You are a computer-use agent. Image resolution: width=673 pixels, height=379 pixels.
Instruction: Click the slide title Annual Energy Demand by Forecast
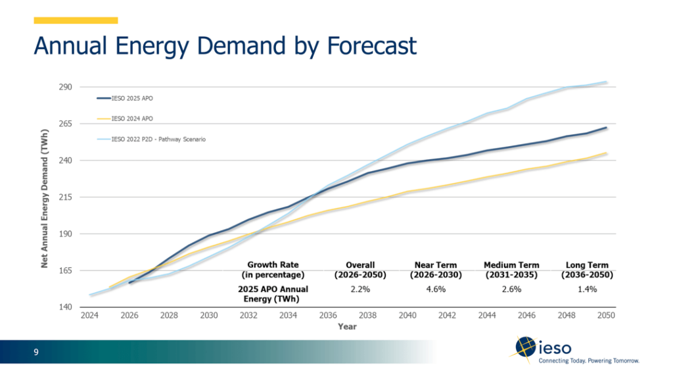(x=225, y=46)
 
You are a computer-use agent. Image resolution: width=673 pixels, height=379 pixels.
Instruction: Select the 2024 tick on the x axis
(x=89, y=316)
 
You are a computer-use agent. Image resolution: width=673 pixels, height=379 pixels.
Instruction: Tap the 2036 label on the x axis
(x=328, y=316)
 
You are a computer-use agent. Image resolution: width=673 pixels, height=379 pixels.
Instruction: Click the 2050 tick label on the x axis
(x=606, y=316)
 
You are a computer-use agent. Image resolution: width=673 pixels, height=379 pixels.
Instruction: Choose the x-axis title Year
(x=348, y=326)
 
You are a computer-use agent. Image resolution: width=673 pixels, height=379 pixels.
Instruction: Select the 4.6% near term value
(x=436, y=289)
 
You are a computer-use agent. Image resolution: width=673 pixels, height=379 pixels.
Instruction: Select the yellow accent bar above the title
(x=76, y=20)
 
